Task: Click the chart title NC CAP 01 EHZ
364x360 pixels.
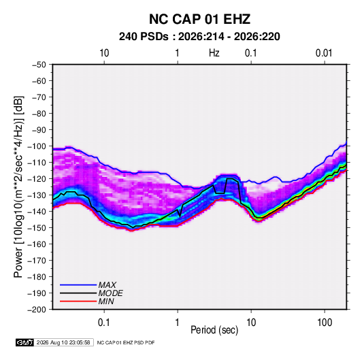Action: tap(199, 19)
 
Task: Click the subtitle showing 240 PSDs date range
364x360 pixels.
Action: tap(199, 37)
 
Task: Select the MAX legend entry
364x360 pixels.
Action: tap(88, 284)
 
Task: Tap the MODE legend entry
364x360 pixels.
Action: tap(91, 293)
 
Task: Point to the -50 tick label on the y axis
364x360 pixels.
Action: tap(39, 65)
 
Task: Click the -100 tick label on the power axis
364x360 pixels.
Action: tap(37, 146)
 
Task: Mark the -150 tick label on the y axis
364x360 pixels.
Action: tap(37, 228)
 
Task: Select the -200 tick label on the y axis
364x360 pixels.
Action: tap(37, 310)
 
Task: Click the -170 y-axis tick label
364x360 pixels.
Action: tap(37, 261)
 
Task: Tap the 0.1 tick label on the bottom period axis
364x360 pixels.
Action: tap(104, 323)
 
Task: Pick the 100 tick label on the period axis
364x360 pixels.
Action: tap(325, 323)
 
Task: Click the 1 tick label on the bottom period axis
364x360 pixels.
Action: tap(178, 323)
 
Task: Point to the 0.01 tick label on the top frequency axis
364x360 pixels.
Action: tap(324, 53)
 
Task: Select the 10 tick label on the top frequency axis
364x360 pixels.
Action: tap(104, 53)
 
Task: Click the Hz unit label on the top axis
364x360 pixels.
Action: tap(214, 53)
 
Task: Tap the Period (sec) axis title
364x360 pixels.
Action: tap(214, 330)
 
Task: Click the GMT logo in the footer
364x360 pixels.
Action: tap(25, 342)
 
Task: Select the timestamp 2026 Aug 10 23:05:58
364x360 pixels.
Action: tap(63, 342)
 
